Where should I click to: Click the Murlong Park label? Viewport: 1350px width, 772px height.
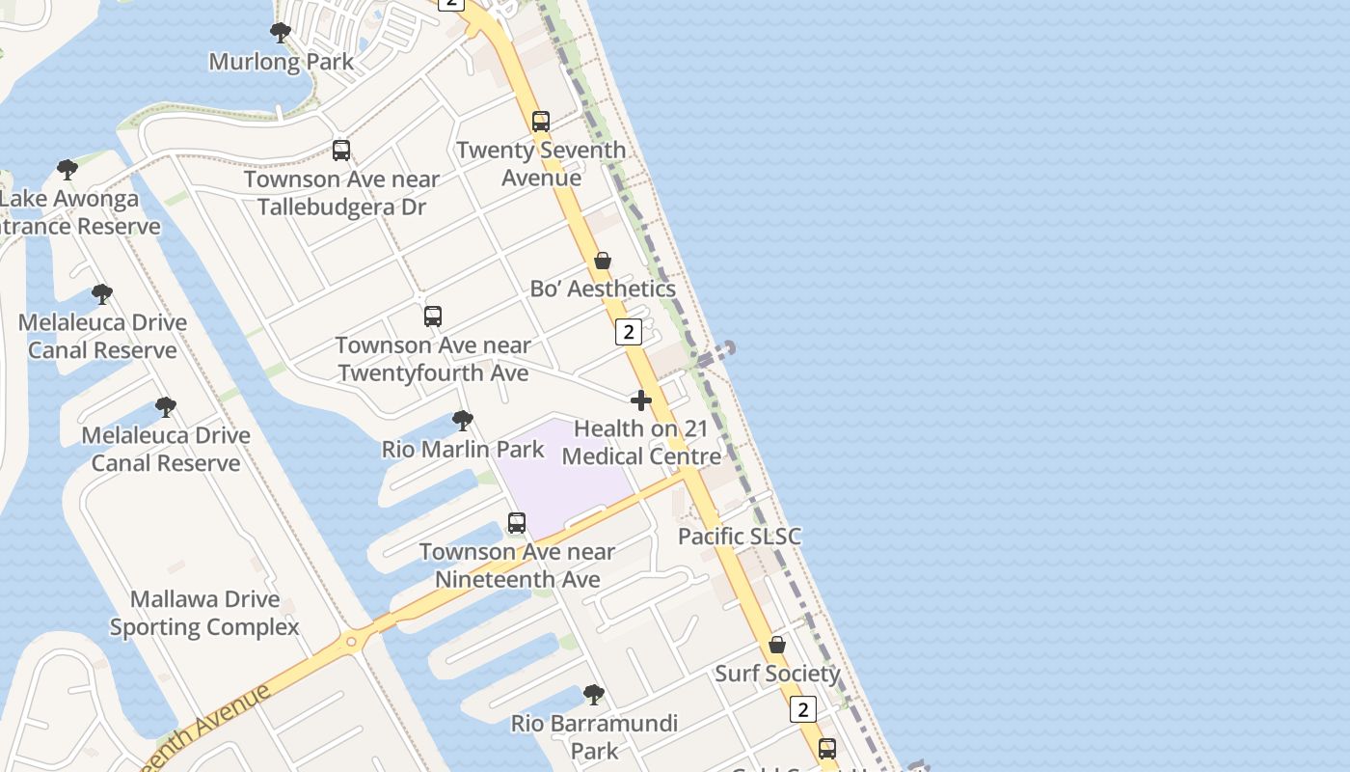(282, 62)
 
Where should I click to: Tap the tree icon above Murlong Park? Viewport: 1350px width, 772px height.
(281, 33)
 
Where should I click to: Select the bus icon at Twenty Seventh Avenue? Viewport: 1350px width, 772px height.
(541, 122)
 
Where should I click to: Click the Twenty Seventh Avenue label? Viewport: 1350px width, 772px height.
(541, 164)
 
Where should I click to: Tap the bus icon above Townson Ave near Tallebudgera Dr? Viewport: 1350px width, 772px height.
(341, 151)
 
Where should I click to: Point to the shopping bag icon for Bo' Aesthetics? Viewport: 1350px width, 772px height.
(603, 261)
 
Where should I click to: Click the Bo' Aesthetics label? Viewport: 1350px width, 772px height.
(603, 289)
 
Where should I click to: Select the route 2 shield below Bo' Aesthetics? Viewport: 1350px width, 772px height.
(628, 332)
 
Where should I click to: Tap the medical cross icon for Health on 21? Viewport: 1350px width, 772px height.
(641, 400)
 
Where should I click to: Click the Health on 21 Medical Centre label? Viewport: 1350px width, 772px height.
(641, 442)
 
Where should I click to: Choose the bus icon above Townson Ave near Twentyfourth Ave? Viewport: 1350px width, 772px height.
(433, 317)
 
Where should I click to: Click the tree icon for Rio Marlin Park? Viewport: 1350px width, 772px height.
(463, 421)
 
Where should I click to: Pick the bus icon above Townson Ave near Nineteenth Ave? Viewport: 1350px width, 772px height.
(517, 523)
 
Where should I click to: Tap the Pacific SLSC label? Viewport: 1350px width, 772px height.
(740, 537)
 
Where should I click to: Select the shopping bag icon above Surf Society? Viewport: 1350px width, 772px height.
(777, 645)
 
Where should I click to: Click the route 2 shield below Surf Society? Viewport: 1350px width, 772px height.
(802, 709)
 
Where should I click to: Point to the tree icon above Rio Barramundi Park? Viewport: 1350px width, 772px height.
(594, 695)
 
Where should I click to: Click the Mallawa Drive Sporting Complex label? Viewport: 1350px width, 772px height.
(204, 613)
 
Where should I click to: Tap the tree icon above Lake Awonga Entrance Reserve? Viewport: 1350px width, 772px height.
(67, 170)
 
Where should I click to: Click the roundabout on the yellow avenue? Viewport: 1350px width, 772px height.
(351, 641)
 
